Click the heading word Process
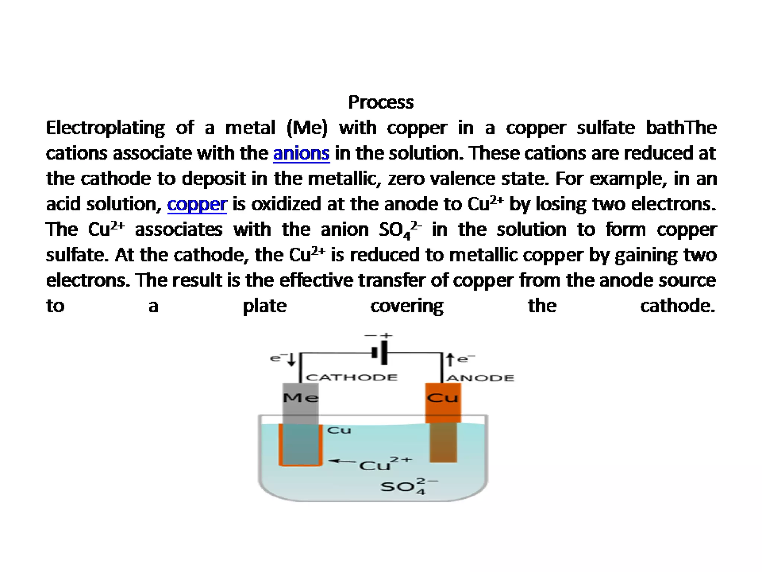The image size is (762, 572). [x=381, y=102]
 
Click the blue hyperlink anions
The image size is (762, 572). [x=301, y=153]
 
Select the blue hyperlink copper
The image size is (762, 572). [x=197, y=204]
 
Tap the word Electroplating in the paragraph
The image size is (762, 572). [x=105, y=128]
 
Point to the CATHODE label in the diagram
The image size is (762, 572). [x=352, y=378]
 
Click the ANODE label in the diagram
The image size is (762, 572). [x=480, y=378]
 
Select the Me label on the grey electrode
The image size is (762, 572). [x=300, y=398]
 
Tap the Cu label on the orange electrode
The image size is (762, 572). [x=442, y=398]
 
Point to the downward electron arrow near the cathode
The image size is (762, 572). [x=292, y=359]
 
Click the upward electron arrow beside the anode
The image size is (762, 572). [x=450, y=359]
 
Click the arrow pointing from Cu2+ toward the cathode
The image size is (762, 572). [x=342, y=461]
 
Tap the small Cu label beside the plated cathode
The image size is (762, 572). [x=339, y=430]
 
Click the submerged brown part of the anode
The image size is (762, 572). [x=443, y=442]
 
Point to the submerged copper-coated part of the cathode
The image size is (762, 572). [x=300, y=445]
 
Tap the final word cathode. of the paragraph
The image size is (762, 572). [x=678, y=306]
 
